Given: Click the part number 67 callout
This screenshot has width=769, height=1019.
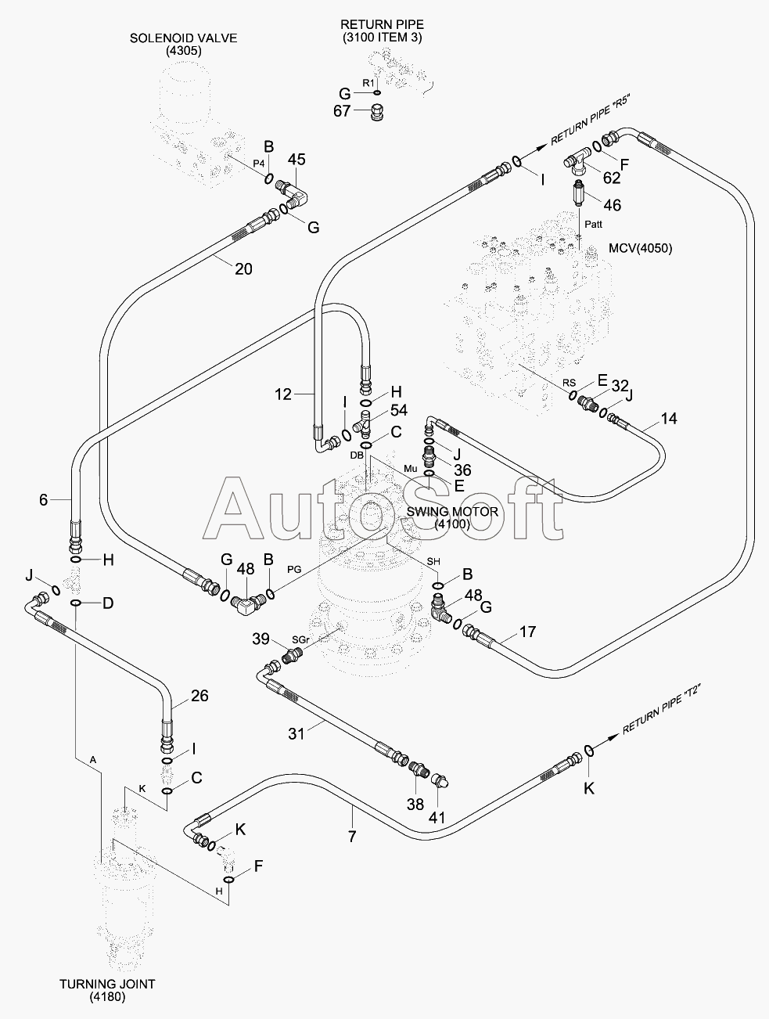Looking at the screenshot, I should coord(342,111).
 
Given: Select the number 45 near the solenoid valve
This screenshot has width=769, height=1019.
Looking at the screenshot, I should coord(296,160).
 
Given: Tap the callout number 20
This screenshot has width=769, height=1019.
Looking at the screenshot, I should coord(244,268).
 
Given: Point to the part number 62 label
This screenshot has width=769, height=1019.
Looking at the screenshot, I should coord(612,178).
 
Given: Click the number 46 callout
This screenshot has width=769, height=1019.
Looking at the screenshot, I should coord(613,205).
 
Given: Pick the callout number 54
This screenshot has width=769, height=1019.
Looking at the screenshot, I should coord(399,410).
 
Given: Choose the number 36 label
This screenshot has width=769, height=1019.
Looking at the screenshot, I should coord(462,470).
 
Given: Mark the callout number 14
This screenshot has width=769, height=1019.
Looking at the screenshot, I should coord(669,419).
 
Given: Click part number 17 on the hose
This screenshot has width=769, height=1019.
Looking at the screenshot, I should coord(527,631).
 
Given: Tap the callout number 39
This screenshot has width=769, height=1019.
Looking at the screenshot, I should coord(261,639).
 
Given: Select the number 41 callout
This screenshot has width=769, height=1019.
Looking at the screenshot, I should coord(437,817).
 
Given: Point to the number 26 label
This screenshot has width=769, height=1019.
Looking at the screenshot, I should coord(200,695).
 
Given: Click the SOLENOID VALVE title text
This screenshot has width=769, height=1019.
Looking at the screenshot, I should coord(183,38).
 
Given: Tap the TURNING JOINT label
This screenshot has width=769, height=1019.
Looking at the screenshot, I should coord(106,984).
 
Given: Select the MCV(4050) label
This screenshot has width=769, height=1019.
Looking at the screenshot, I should coord(640,249).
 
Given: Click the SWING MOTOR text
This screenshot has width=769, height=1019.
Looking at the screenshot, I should coord(452,512).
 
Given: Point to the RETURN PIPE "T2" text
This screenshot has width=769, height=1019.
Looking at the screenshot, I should coord(661,709).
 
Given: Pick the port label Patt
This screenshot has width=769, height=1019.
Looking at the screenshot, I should coord(594,225).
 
